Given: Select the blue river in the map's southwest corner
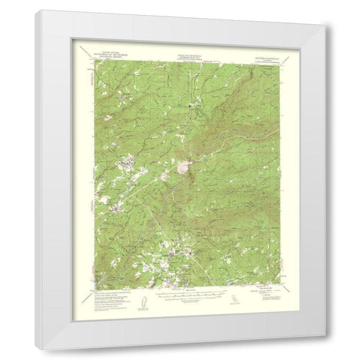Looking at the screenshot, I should click(x=105, y=279).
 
